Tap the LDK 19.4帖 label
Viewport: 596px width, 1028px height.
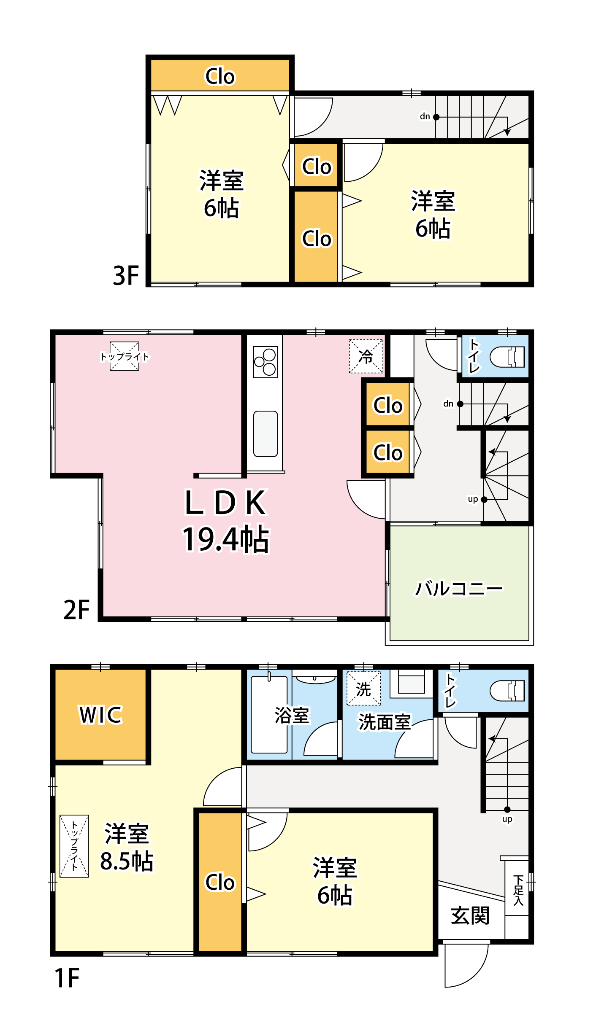click(225, 521)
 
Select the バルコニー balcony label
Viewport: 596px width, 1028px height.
click(459, 588)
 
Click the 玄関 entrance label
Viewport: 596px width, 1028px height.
click(470, 915)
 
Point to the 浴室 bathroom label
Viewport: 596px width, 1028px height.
click(292, 716)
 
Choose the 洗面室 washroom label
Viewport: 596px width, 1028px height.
click(385, 722)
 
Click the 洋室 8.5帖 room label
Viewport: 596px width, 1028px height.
click(127, 847)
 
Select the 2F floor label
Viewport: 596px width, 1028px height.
click(76, 610)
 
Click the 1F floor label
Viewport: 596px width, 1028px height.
click(67, 978)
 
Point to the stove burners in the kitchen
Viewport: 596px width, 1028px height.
click(265, 362)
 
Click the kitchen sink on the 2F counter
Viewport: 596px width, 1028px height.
click(265, 434)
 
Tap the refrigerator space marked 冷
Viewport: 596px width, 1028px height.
click(366, 356)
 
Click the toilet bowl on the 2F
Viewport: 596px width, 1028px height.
click(507, 357)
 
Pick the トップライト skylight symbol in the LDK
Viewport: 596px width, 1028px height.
click(125, 356)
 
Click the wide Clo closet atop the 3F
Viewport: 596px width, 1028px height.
click(220, 75)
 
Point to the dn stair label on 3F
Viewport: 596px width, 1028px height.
click(425, 116)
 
